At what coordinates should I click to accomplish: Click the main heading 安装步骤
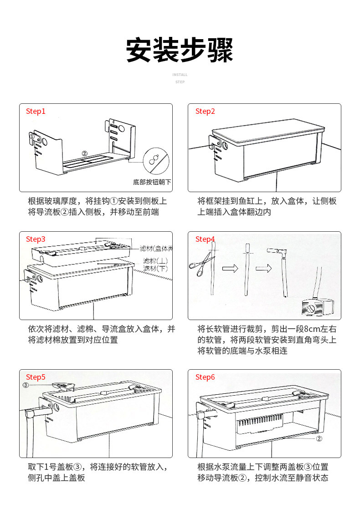pos(180,50)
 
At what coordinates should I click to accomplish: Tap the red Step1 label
pos(36,111)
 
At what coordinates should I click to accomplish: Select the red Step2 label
pos(205,111)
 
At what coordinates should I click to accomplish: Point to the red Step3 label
pos(36,239)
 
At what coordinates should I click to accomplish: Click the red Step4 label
pos(205,239)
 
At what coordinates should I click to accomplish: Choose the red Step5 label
pos(36,377)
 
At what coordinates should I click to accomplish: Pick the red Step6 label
pos(205,377)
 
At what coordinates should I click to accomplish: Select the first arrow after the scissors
pos(230,268)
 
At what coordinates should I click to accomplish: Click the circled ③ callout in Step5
pos(26,385)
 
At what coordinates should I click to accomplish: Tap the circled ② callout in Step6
pos(319,439)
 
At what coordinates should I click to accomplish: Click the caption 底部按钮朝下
pos(152,182)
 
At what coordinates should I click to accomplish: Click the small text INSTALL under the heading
pos(180,75)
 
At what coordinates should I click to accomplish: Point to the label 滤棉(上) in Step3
pos(155,261)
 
